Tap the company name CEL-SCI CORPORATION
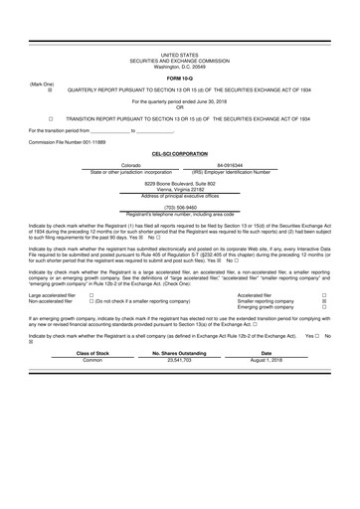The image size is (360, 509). point(180,154)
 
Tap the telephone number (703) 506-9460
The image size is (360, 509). point(180,208)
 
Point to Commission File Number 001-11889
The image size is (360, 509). point(62,142)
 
